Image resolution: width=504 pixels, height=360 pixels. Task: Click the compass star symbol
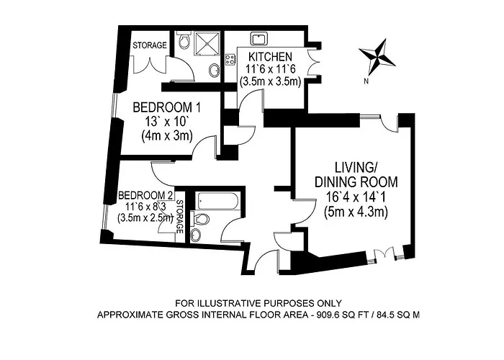(x=377, y=57)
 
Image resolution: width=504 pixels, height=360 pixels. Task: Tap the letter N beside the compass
(x=366, y=81)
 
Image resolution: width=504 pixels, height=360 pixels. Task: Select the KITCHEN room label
(x=271, y=57)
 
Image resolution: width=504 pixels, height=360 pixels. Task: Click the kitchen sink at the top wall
(x=258, y=40)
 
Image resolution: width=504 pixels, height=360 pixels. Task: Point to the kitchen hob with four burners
(x=230, y=59)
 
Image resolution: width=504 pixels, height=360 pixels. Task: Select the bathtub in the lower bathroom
(x=217, y=200)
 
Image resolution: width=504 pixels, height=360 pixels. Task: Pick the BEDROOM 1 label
(x=167, y=107)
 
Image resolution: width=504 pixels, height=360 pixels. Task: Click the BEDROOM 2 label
(x=146, y=195)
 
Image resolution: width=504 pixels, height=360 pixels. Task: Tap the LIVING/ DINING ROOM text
(x=356, y=174)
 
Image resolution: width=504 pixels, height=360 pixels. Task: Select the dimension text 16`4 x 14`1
(x=356, y=197)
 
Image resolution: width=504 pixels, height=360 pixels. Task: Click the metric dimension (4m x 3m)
(x=167, y=136)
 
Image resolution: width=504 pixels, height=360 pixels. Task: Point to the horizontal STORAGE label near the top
(x=150, y=45)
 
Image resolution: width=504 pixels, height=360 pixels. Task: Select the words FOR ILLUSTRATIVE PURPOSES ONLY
(x=258, y=303)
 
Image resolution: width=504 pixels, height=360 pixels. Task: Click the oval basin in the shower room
(x=213, y=69)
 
